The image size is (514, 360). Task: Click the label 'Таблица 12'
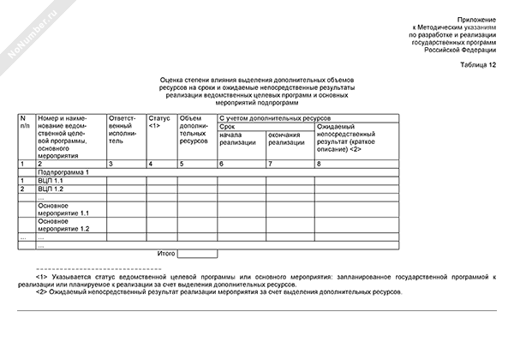pyautogui.click(x=477, y=65)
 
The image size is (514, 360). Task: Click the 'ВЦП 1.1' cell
pyautogui.click(x=51, y=181)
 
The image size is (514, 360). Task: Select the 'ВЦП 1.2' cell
pyautogui.click(x=51, y=189)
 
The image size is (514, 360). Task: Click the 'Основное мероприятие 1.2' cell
pyautogui.click(x=63, y=226)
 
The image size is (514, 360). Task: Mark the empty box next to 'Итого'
pyautogui.click(x=197, y=254)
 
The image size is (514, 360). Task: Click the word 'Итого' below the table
pyautogui.click(x=166, y=254)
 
